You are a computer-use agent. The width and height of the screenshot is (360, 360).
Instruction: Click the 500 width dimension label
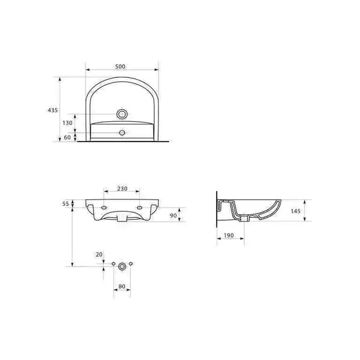pyautogui.click(x=120, y=67)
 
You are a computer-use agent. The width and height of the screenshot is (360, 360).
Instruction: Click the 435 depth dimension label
pyautogui.click(x=53, y=110)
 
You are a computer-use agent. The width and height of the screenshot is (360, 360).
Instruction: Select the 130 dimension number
pyautogui.click(x=67, y=123)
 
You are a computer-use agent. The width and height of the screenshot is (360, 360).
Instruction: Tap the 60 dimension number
pyautogui.click(x=67, y=137)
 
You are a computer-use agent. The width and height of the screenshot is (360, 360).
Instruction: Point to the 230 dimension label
pyautogui.click(x=122, y=189)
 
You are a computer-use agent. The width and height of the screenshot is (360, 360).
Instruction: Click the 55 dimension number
pyautogui.click(x=65, y=203)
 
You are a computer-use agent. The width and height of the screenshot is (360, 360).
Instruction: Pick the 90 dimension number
pyautogui.click(x=173, y=215)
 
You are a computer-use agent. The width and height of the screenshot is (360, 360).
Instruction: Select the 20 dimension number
pyautogui.click(x=99, y=254)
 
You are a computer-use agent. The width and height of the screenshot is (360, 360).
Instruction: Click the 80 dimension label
pyautogui.click(x=122, y=287)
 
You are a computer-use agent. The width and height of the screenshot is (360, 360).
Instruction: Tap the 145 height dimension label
pyautogui.click(x=295, y=211)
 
